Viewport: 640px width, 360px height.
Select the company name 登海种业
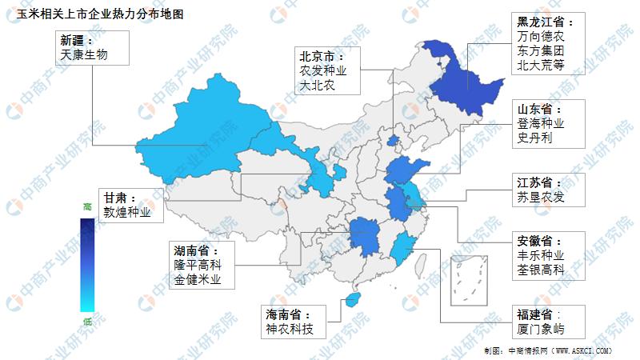click(x=542, y=124)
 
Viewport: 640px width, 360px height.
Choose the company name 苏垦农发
click(x=541, y=197)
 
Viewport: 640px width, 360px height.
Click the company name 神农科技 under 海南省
click(x=291, y=329)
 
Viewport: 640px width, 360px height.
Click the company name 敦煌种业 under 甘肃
click(x=127, y=213)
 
